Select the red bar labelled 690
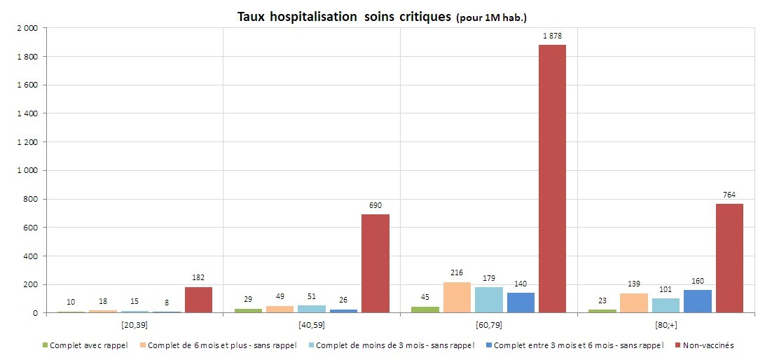click(375, 263)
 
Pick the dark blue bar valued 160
click(697, 301)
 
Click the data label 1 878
click(552, 36)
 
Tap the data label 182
click(198, 277)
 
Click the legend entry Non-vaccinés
click(707, 345)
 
